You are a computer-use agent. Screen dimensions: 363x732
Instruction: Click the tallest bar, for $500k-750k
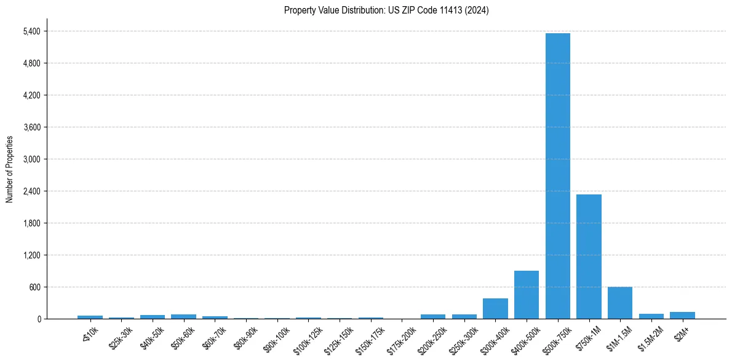[x=557, y=176]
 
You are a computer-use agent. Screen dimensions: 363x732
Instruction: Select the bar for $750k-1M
[x=589, y=257]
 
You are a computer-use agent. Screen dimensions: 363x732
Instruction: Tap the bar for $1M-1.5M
[x=619, y=303]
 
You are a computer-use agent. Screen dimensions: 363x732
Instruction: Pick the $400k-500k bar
[x=526, y=295]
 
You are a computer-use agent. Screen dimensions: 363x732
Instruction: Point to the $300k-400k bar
[x=495, y=308]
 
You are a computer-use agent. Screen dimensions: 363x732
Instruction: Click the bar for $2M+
[x=682, y=315]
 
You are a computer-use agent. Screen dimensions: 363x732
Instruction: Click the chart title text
[x=386, y=10]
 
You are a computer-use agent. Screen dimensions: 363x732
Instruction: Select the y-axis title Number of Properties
[x=10, y=169]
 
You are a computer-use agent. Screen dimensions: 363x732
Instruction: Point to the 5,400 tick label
[x=31, y=31]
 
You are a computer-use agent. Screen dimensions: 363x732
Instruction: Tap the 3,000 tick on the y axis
[x=31, y=159]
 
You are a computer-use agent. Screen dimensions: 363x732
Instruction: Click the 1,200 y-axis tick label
[x=31, y=255]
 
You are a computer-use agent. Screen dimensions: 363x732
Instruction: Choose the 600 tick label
[x=34, y=287]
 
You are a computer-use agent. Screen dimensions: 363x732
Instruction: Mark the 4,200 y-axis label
[x=31, y=95]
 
